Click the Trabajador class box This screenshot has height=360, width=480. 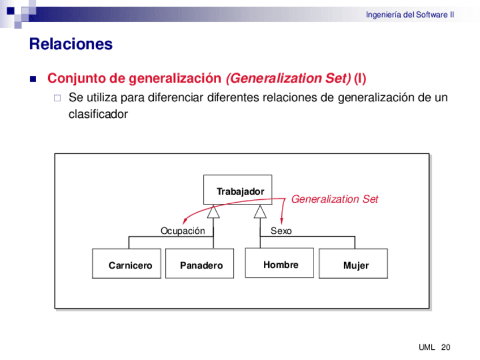point(238,191)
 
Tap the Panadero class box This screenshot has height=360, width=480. point(199,264)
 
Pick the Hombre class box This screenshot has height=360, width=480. point(279,263)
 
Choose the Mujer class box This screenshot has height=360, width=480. point(353,264)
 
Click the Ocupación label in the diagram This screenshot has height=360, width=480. point(182,231)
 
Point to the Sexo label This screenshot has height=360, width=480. point(281,231)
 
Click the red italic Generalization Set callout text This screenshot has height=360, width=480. point(335,199)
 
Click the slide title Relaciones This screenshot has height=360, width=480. point(71,44)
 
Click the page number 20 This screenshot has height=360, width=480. point(445,347)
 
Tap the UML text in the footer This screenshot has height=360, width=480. point(426,347)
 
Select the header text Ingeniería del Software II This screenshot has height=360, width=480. point(410,15)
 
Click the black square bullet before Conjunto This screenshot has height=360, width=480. point(32,78)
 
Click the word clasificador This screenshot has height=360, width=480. point(97,114)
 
